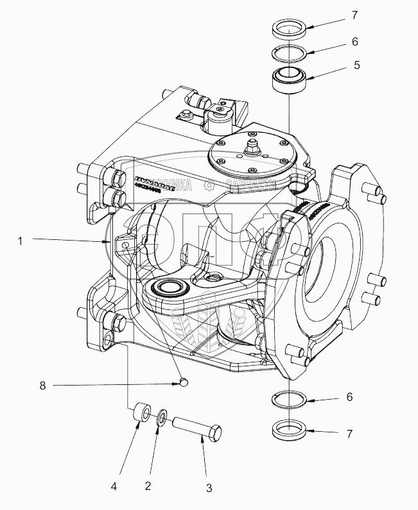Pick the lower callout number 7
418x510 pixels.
pos(350,434)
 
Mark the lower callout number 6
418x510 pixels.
pos(350,398)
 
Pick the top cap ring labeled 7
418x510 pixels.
pos(290,29)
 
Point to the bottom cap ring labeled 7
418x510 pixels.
pos(290,428)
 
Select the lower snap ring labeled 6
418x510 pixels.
pos(290,399)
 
